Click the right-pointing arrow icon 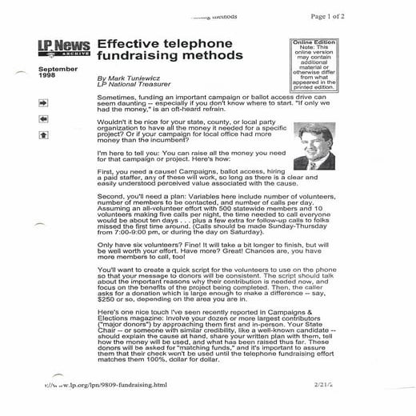point(43,102)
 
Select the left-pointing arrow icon point(43,118)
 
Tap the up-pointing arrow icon point(43,134)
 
